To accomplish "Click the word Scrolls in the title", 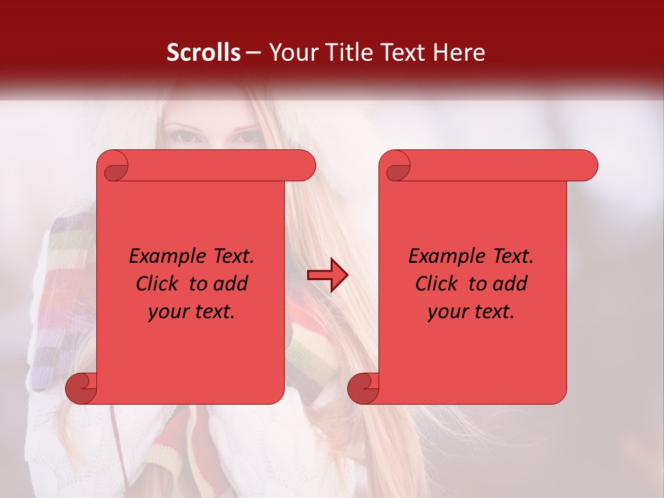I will tap(203, 53).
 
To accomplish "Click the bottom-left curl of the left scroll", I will tap(81, 389).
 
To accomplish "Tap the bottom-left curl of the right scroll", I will tap(363, 389).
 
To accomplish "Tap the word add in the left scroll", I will tap(230, 284).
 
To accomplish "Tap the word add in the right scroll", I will tap(510, 284).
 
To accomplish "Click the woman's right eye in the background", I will tap(181, 135).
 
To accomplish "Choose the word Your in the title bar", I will tap(290, 53).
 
